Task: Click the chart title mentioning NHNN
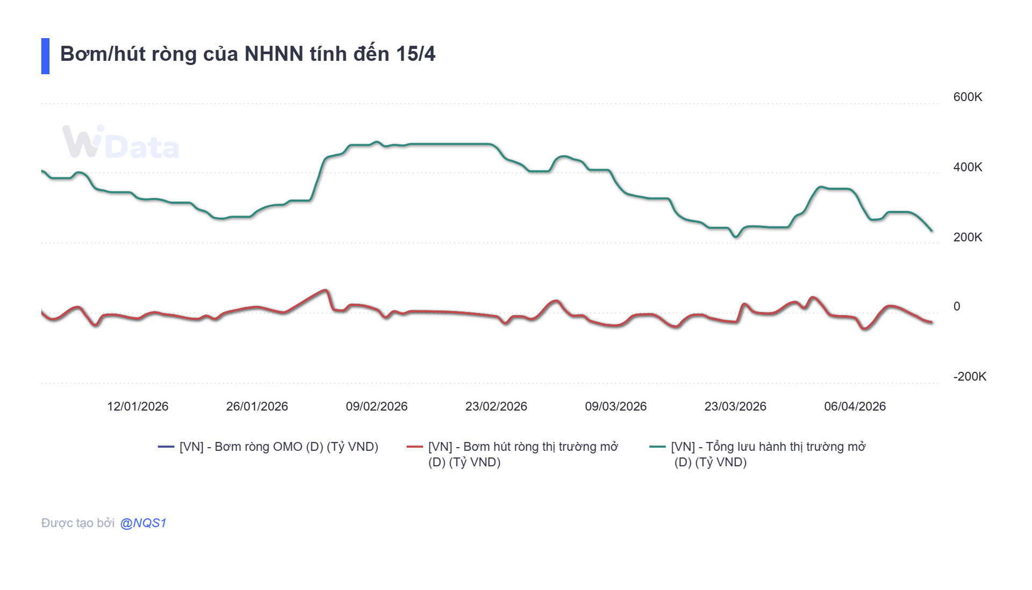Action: click(x=247, y=54)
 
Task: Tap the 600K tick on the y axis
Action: click(x=967, y=97)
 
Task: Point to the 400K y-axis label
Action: click(x=967, y=167)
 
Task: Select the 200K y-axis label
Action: click(x=967, y=237)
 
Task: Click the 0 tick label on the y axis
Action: click(x=956, y=306)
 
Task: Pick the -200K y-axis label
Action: click(x=969, y=377)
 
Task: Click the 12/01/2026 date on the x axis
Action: click(x=138, y=406)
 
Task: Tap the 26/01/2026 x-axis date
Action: click(x=257, y=406)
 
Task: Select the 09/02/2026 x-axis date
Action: click(x=376, y=406)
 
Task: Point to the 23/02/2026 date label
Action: click(x=496, y=406)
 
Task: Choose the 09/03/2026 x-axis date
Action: click(x=615, y=406)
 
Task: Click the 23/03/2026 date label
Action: click(x=735, y=406)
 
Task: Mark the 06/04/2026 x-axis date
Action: click(x=855, y=406)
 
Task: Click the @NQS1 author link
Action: click(x=143, y=523)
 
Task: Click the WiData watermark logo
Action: click(x=120, y=143)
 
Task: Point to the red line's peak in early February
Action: click(x=325, y=291)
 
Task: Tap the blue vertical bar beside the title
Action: click(x=45, y=56)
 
